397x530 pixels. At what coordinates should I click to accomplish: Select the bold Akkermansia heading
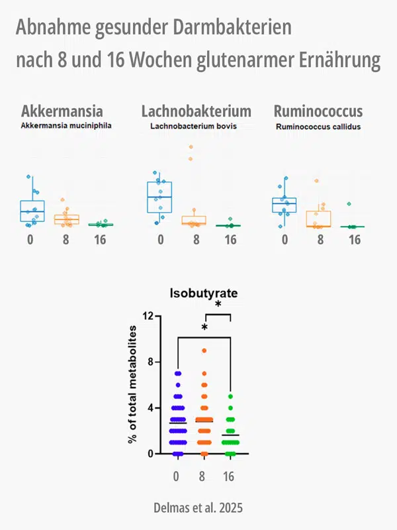62,111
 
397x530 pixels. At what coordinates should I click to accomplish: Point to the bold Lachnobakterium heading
197,111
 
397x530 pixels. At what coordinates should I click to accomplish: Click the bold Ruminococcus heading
318,111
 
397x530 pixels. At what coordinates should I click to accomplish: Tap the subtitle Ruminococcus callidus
317,126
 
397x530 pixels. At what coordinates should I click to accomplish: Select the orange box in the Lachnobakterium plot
194,220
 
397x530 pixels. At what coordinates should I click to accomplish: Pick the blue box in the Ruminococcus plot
285,205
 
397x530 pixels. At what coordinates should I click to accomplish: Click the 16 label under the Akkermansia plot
100,240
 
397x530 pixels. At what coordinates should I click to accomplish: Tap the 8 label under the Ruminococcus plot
320,240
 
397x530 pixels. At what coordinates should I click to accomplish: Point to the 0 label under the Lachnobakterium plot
160,240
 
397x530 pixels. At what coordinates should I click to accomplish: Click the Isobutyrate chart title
204,293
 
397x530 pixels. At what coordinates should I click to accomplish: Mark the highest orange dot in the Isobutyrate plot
204,350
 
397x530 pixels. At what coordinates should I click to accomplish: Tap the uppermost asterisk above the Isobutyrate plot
218,305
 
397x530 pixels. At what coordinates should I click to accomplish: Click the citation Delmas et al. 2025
198,508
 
